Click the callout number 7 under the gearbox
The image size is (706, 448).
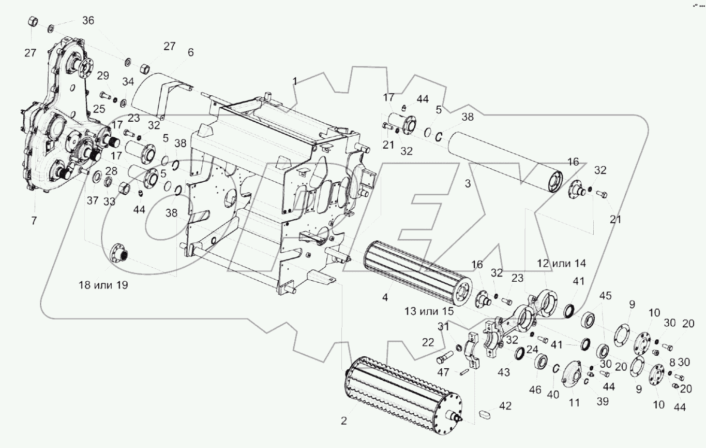coord(34,221)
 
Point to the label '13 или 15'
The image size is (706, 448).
coord(429,311)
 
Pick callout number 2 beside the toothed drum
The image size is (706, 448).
coord(343,421)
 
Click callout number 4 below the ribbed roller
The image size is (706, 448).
coord(384,299)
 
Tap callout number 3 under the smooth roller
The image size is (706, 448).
coord(467,183)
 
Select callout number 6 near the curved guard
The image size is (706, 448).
coord(190,52)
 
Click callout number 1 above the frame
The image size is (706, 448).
coord(295,81)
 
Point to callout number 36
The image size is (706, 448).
coord(88,21)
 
